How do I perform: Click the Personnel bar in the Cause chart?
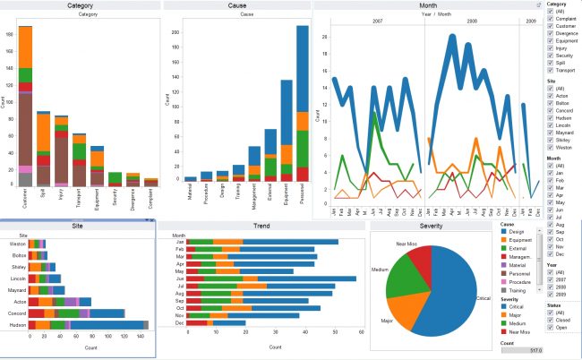[302, 107]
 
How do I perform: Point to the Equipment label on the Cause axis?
[287, 198]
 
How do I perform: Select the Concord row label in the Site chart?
[16, 313]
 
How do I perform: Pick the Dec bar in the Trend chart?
[215, 323]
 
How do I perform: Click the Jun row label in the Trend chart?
[180, 279]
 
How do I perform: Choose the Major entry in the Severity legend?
[506, 315]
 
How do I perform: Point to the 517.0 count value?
[534, 350]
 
